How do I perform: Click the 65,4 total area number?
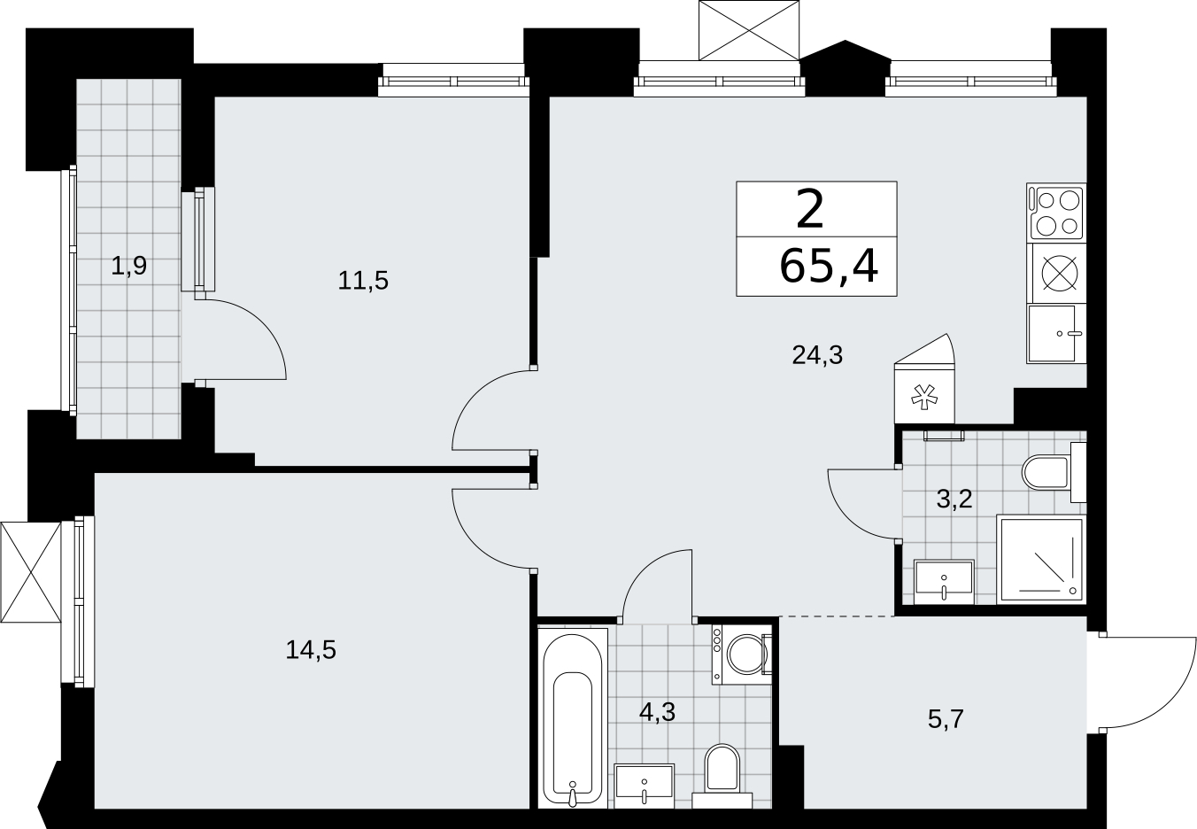[x=829, y=267]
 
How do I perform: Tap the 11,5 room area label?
[x=363, y=281]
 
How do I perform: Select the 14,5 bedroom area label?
[x=311, y=650]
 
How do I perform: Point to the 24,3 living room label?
[x=817, y=355]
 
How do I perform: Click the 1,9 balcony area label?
[x=128, y=266]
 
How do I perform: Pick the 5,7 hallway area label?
[x=946, y=719]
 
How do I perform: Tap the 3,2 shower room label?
[x=954, y=499]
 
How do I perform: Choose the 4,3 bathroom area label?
[x=658, y=712]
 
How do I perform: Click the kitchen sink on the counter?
[x=1056, y=334]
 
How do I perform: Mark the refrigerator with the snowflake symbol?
[x=924, y=382]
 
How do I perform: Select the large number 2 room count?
[x=810, y=210]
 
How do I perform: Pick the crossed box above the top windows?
[x=750, y=30]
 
